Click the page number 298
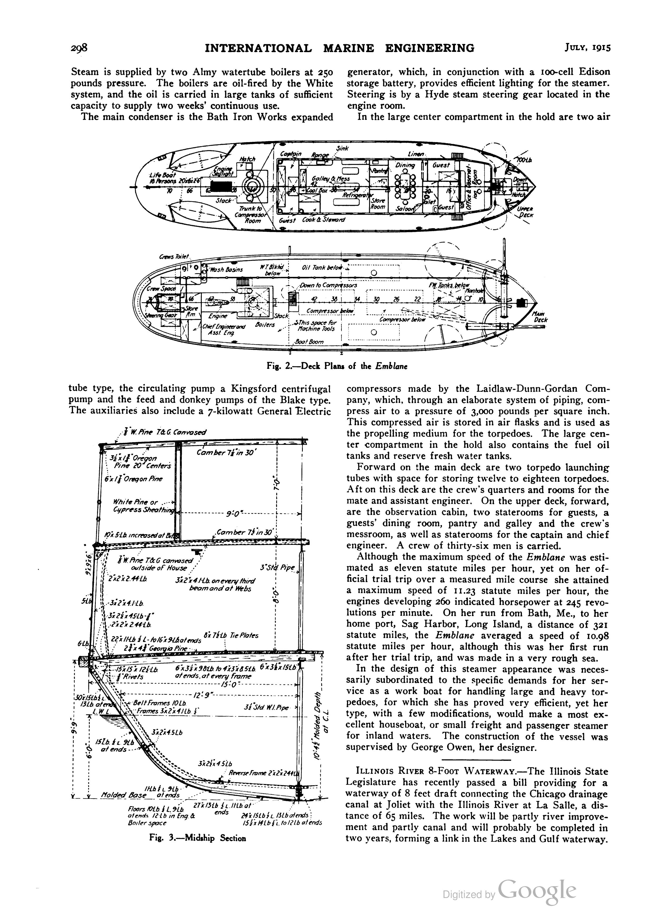(x=79, y=48)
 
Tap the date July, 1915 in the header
(x=588, y=48)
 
